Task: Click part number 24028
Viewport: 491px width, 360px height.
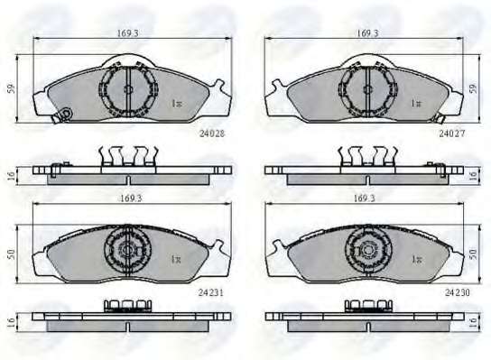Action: [x=212, y=134]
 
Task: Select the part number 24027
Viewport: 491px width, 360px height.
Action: [x=452, y=134]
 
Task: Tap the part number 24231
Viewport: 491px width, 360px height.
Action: [x=210, y=292]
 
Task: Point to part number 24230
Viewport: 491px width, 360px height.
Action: [x=458, y=292]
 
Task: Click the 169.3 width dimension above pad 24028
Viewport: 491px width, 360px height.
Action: [x=128, y=32]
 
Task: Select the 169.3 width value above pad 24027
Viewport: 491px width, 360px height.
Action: [x=367, y=32]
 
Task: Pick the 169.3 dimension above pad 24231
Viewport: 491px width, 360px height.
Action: [x=132, y=198]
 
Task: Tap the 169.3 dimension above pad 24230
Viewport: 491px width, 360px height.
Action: [x=364, y=198]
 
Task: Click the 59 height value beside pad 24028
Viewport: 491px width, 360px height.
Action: [x=11, y=88]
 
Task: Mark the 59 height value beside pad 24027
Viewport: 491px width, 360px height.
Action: [x=474, y=88]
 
